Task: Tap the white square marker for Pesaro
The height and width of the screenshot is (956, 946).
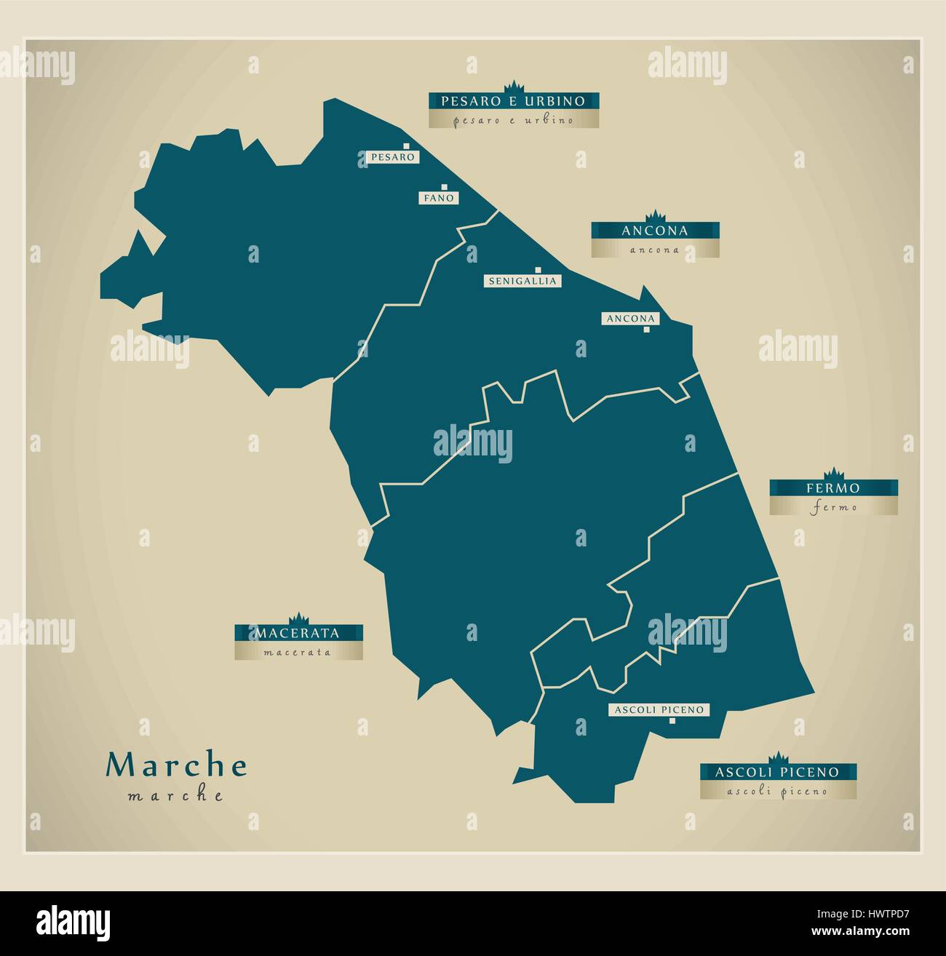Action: coord(408,146)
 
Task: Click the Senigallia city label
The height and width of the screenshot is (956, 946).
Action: coord(522,281)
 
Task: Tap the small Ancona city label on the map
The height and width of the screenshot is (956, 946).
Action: coord(629,319)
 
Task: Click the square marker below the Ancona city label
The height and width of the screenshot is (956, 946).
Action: coord(646,330)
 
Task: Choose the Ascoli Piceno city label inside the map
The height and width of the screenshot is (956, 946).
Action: coord(659,709)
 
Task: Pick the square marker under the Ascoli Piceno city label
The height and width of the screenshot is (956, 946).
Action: coord(672,720)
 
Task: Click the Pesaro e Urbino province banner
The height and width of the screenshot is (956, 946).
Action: coord(513,100)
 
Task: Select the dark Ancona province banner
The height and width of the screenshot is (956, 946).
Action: coord(655,231)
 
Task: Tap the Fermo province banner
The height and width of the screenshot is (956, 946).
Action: coord(833,488)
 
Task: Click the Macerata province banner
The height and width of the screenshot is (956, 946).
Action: coord(298,633)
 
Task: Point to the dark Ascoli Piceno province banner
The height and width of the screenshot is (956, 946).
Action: coord(777,772)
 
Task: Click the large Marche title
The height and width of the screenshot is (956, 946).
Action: coord(177,765)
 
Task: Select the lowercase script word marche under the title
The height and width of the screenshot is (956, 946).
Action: coord(175,795)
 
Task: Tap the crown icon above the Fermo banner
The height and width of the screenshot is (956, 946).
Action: coord(834,472)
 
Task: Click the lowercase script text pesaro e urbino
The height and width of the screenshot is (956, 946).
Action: coord(513,120)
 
